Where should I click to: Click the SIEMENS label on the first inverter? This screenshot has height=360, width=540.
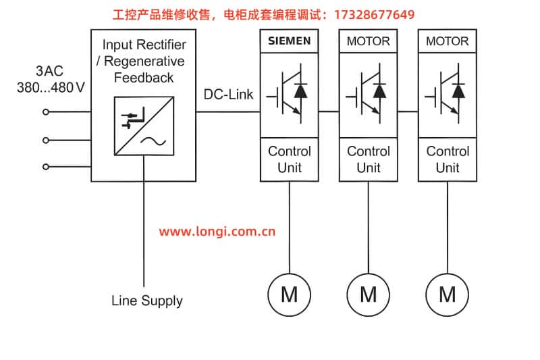click(x=290, y=41)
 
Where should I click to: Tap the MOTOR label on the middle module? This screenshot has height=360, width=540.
click(x=368, y=41)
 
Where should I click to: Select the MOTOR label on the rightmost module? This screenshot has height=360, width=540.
click(x=447, y=41)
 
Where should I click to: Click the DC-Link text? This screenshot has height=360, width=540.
click(x=229, y=95)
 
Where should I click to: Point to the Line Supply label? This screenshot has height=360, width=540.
click(x=146, y=301)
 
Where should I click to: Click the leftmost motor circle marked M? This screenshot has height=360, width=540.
click(x=290, y=294)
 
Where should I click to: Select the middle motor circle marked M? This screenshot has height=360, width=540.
click(x=368, y=294)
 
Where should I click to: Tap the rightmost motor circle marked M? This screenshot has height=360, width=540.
click(x=447, y=294)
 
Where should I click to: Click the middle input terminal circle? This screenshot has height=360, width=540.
click(x=46, y=140)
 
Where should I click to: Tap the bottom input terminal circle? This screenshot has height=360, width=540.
click(x=46, y=166)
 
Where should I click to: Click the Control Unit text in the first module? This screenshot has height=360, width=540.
click(x=290, y=159)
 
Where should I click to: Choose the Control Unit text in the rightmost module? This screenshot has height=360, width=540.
click(x=447, y=159)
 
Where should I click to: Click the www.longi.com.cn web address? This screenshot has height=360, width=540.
click(x=217, y=232)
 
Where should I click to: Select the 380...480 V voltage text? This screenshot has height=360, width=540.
click(x=51, y=87)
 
